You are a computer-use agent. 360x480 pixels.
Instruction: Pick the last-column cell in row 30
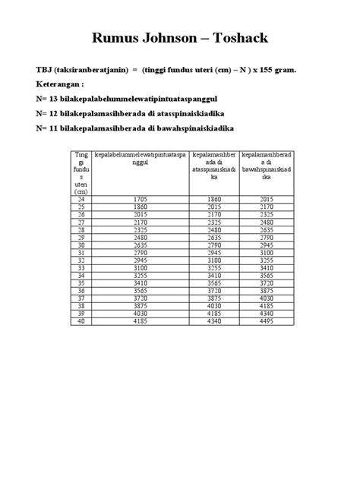pyautogui.click(x=267, y=245)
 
